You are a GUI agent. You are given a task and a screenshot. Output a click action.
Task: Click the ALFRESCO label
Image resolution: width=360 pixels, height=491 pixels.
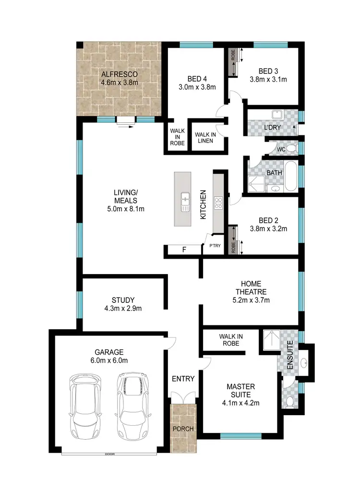tap(119, 74)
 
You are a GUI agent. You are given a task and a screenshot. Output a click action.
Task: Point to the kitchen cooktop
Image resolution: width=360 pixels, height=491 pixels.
tap(218, 203)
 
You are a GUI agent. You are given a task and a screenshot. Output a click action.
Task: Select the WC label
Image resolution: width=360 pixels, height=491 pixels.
tap(281, 149)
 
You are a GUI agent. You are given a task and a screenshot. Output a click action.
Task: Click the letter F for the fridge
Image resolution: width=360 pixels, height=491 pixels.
tap(183, 250)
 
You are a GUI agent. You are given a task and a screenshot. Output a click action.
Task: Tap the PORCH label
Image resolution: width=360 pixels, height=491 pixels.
tap(183, 429)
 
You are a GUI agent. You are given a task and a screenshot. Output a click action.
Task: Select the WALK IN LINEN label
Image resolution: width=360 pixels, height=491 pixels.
tap(205, 138)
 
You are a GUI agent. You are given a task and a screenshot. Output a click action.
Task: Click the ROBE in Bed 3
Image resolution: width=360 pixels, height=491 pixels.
tap(233, 62)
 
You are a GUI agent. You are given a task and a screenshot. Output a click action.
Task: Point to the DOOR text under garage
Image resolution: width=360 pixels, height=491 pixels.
tap(110, 454)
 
